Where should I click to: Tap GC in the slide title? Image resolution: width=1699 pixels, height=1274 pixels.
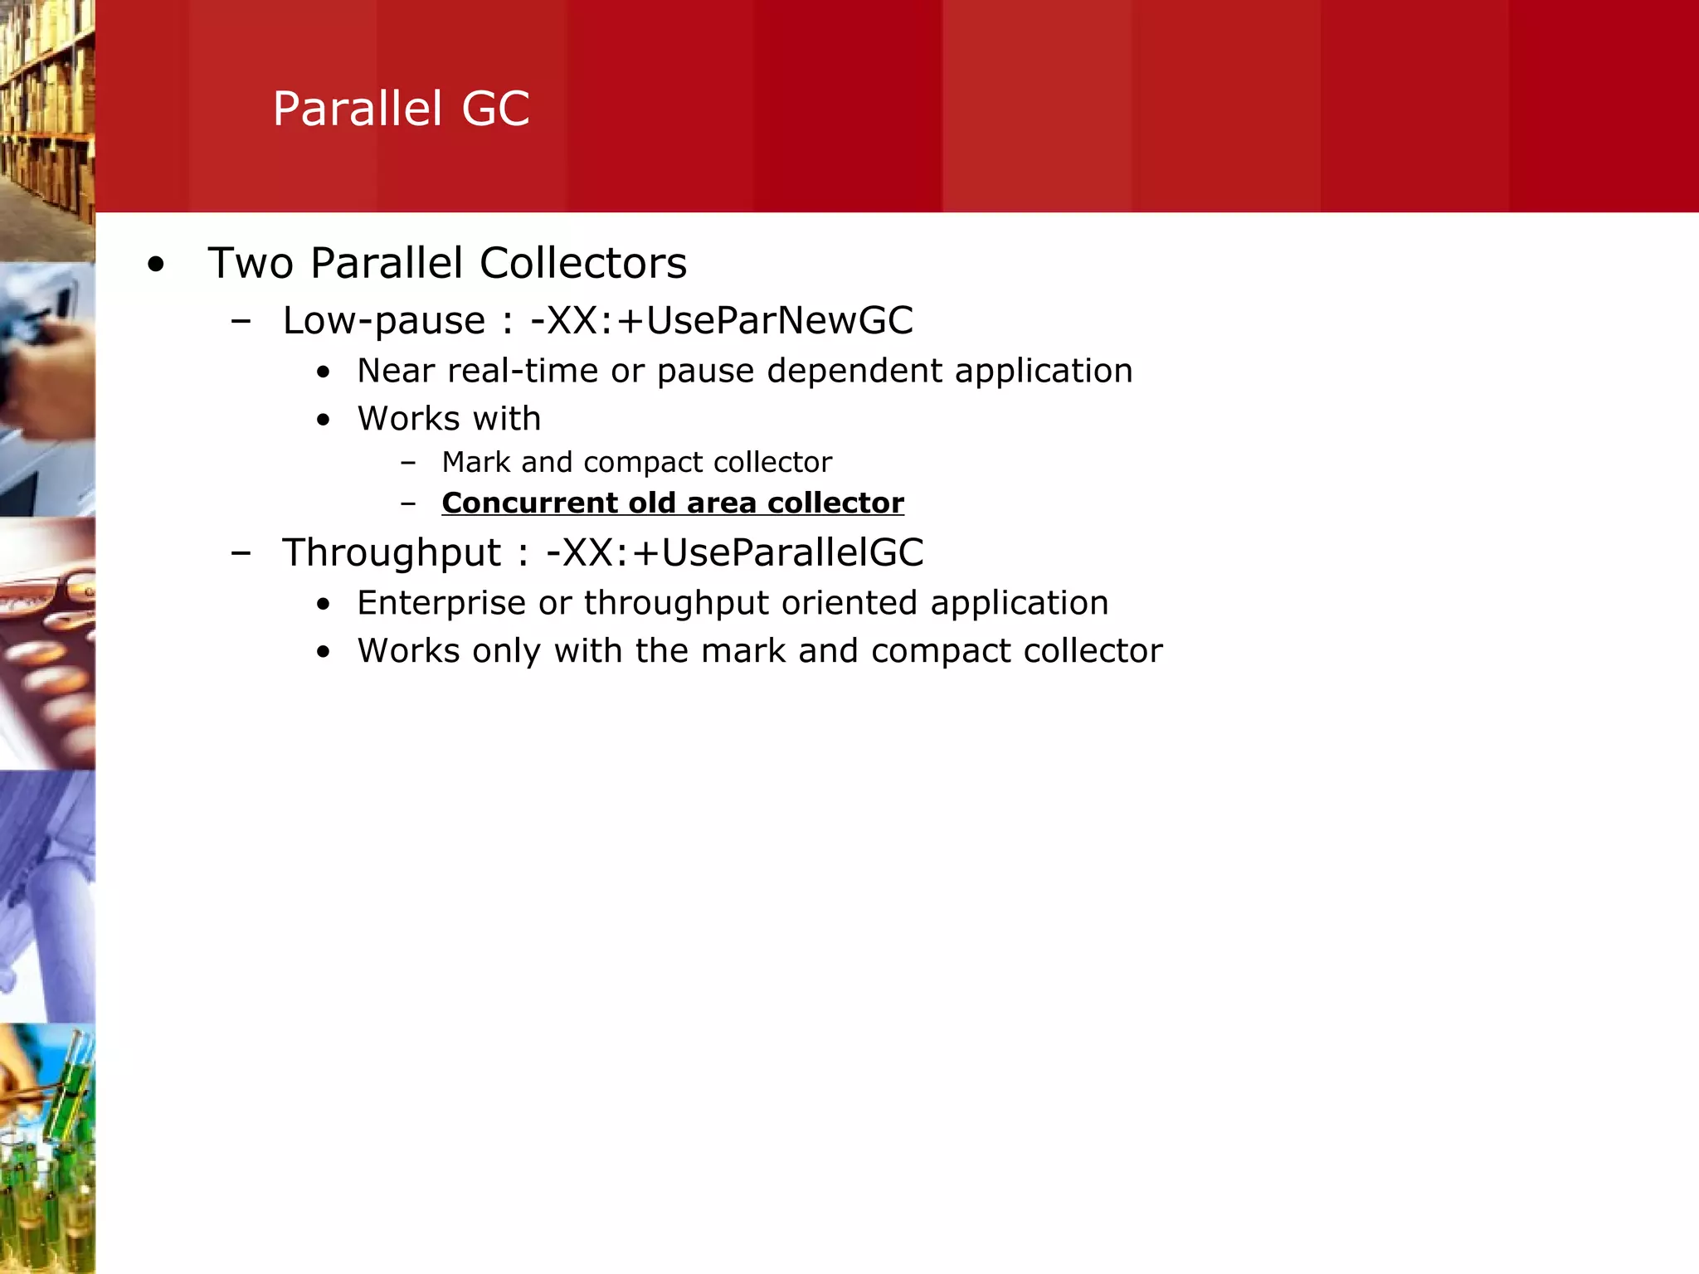point(495,109)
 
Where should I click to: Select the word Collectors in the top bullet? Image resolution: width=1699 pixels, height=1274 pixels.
point(583,263)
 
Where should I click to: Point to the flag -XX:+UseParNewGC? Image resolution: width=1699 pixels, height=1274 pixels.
point(722,320)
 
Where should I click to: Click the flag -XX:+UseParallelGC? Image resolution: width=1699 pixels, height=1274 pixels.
point(734,552)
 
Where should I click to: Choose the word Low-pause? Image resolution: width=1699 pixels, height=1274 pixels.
point(383,321)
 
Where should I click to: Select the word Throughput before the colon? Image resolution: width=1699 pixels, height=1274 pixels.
point(392,553)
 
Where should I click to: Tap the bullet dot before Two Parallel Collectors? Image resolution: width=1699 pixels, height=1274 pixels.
point(155,265)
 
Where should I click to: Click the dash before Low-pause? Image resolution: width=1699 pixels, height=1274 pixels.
point(241,321)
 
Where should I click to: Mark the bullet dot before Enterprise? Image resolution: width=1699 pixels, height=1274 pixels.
point(324,605)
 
